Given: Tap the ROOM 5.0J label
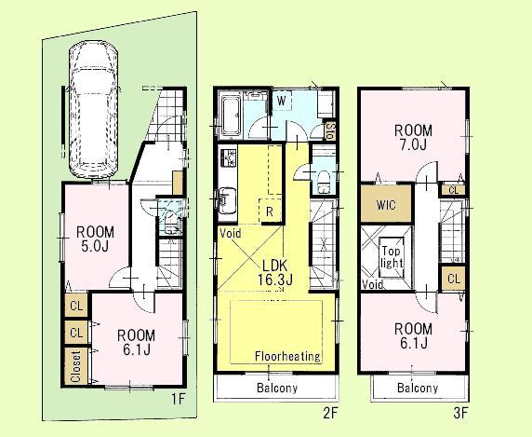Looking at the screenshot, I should pyautogui.click(x=95, y=239).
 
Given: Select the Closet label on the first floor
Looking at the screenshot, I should pyautogui.click(x=74, y=364).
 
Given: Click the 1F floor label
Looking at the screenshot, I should pyautogui.click(x=179, y=395).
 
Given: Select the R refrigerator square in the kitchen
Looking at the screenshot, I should pyautogui.click(x=268, y=212).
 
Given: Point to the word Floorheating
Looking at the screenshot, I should pyautogui.click(x=288, y=356).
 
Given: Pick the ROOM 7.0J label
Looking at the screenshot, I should pyautogui.click(x=412, y=139).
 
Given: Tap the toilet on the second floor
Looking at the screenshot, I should pyautogui.click(x=323, y=178).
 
